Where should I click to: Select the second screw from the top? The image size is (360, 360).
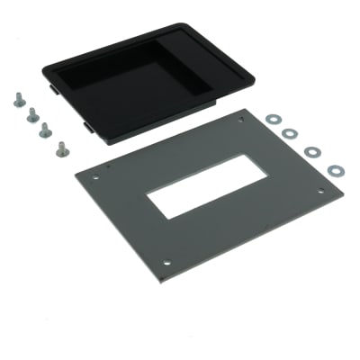32,114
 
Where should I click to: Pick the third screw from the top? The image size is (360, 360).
45,130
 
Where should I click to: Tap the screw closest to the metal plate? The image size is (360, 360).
61,149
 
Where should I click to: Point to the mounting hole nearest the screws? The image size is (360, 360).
95,177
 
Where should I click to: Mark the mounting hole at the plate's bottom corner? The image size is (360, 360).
166,262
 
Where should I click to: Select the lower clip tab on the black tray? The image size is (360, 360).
88,129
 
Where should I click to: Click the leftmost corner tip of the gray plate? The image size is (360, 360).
73,172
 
